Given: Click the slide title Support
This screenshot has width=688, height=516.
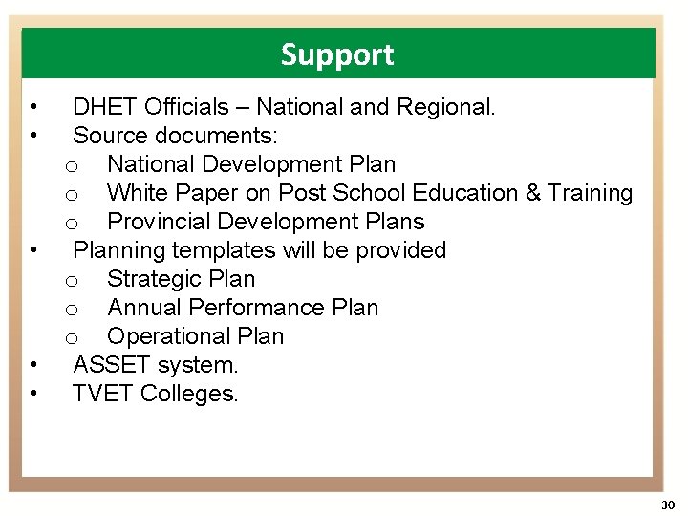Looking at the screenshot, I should (336, 55).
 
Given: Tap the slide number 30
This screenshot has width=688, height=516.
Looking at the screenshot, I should (667, 505).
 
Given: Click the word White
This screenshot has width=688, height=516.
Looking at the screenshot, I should (138, 193).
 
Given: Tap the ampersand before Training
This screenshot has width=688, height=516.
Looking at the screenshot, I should (533, 193).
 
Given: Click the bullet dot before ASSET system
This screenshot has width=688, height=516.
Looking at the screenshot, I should (33, 365).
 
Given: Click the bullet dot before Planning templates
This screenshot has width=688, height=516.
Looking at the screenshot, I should (33, 250).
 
